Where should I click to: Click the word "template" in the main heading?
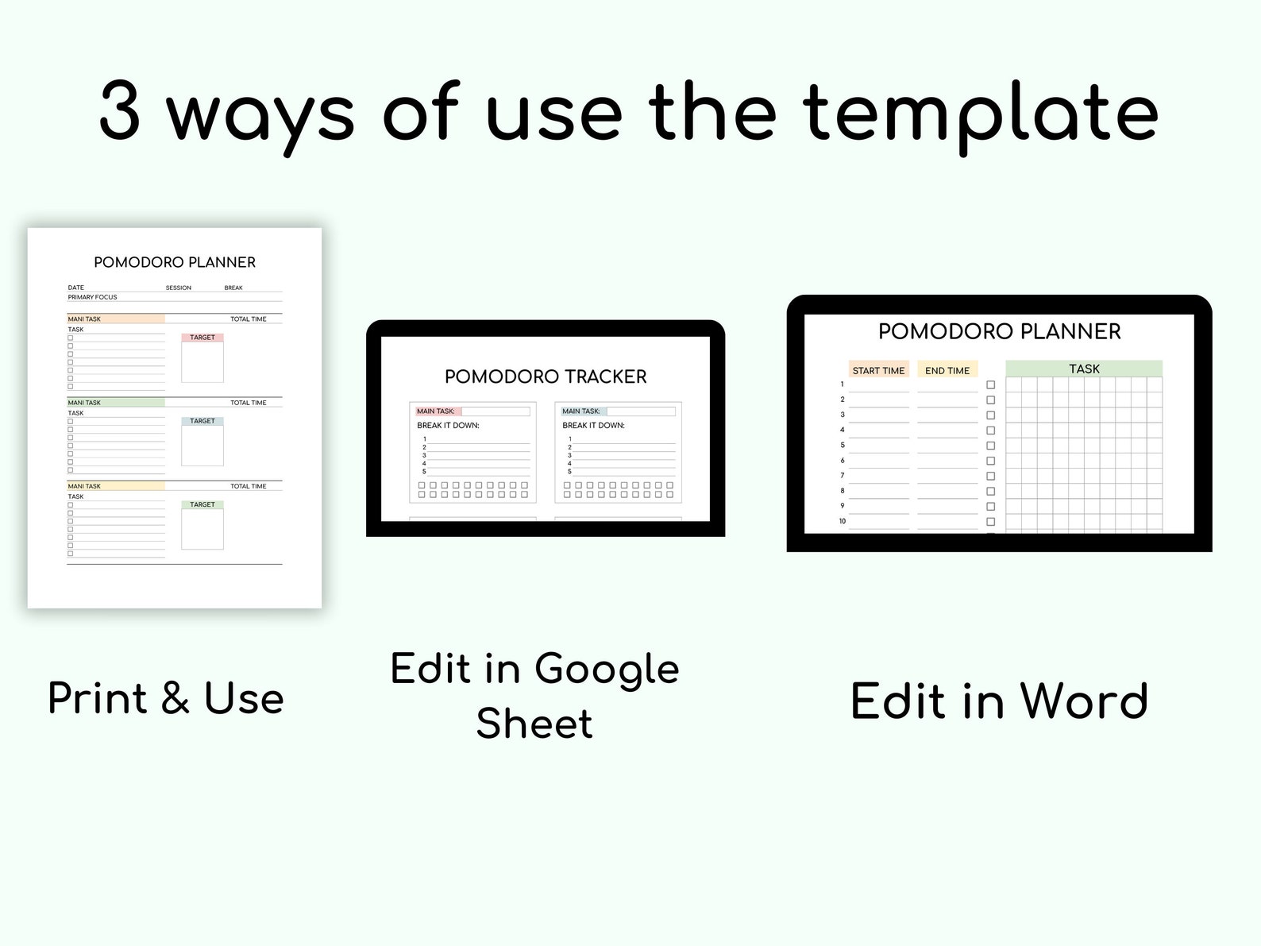981,114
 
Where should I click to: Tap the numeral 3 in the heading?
120,114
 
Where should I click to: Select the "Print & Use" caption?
166,699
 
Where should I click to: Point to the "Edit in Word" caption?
999,701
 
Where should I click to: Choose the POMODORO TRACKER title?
546,376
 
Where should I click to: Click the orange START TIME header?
878,370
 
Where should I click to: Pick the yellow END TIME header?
947,370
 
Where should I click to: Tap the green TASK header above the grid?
1084,369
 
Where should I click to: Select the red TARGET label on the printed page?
202,338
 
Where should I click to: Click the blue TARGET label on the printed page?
202,421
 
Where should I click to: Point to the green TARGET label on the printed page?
202,504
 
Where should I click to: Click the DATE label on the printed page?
76,288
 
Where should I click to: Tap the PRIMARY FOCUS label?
92,297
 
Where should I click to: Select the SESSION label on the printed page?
179,288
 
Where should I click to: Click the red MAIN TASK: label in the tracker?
436,411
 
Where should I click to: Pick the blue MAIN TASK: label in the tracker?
581,411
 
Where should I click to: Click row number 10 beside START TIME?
843,521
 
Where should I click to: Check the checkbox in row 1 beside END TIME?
990,385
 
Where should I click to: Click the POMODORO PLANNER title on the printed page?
175,262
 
